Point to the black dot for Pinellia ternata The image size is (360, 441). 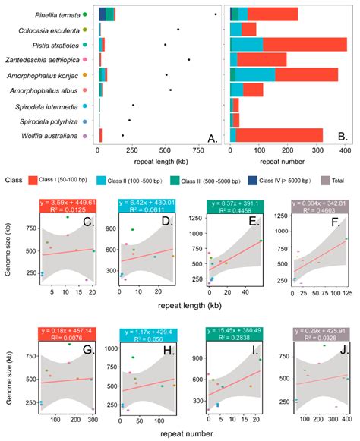216,14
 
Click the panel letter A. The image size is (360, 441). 213,138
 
